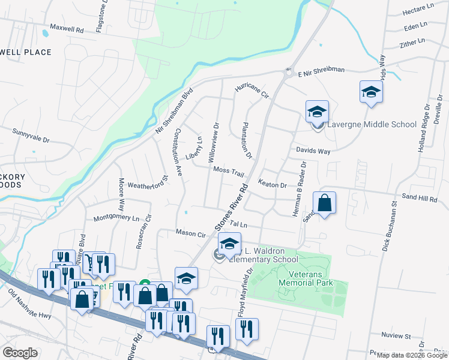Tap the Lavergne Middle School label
(371, 124)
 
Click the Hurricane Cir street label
(252, 92)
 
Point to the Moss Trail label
(229, 172)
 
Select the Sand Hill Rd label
(420, 197)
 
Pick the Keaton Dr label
(272, 184)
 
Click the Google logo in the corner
(20, 353)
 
